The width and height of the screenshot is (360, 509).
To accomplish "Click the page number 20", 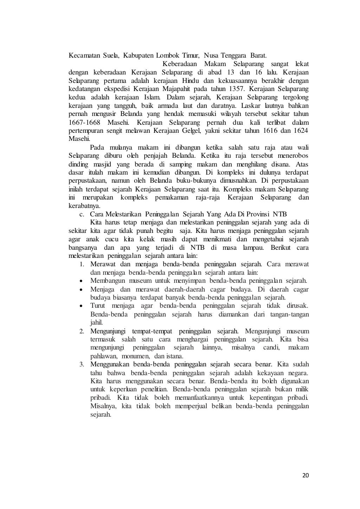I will (x=305, y=476).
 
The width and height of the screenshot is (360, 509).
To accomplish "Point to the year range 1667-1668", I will (x=84, y=123).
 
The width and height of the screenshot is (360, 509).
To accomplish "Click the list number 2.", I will (x=81, y=331).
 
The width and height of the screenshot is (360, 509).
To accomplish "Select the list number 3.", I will (x=81, y=364).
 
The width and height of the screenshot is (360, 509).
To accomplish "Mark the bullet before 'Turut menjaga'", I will (x=81, y=306).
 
